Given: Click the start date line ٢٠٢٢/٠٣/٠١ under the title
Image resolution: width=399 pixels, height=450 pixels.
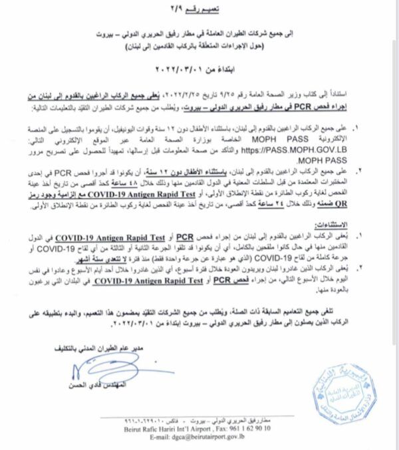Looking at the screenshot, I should coord(200,67).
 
